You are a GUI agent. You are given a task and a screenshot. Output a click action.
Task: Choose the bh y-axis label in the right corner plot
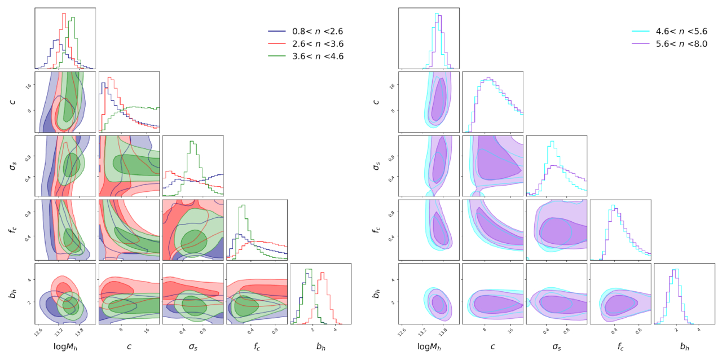376,294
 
